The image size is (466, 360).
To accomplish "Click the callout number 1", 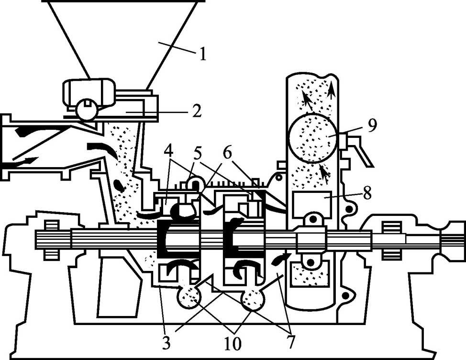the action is pos(203,54).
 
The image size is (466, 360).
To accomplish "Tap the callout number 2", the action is pos(197,111).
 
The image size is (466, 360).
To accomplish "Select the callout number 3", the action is pos(166,343).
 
